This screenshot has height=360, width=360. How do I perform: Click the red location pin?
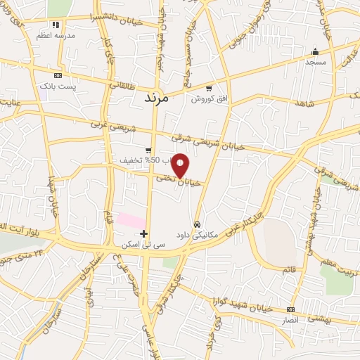pos(181,165)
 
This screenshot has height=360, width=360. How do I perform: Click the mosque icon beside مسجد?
pos(314,51)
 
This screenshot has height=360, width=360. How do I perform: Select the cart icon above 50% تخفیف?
pos(148,150)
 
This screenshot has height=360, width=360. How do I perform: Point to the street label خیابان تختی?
pos(174,180)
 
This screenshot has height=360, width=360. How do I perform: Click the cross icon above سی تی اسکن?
pos(143,233)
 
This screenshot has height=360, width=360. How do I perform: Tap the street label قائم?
pos(289,269)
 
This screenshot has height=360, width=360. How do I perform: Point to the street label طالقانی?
pos(123,84)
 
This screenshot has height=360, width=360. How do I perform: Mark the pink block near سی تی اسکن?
pos(130,220)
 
